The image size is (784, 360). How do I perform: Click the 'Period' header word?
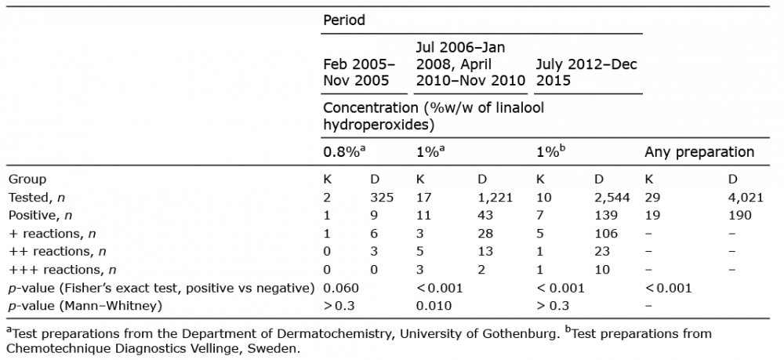click(x=344, y=20)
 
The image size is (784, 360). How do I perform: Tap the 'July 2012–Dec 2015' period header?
click(x=586, y=72)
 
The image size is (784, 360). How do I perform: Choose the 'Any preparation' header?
click(x=699, y=152)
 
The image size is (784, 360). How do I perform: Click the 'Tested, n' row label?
click(x=36, y=198)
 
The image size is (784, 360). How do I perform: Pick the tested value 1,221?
click(x=495, y=198)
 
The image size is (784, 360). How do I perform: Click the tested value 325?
click(x=381, y=198)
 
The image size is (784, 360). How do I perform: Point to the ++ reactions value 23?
click(x=602, y=252)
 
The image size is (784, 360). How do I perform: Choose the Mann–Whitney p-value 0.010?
click(x=434, y=306)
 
